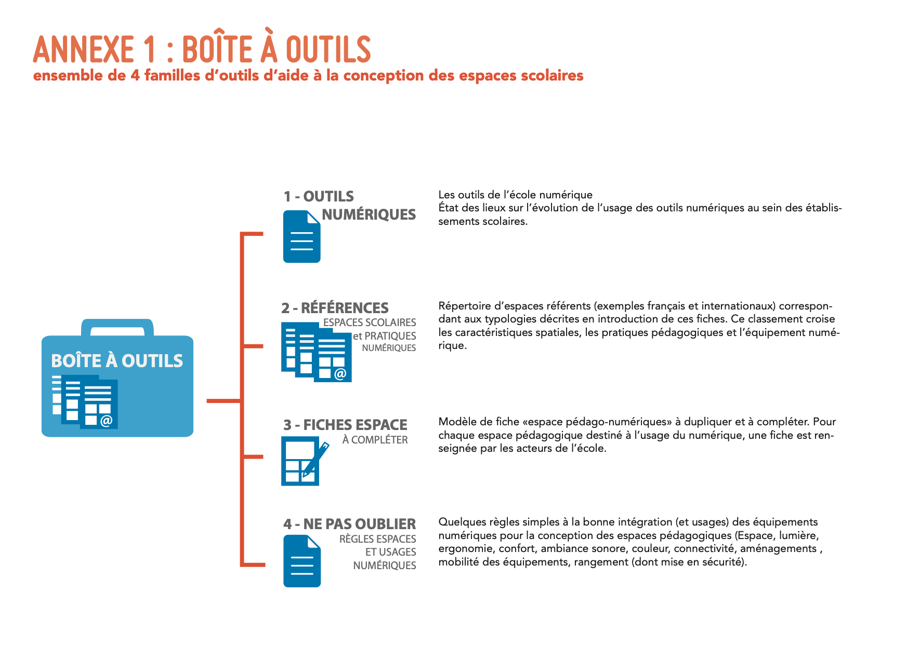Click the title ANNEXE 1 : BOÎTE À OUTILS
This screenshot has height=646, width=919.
click(202, 50)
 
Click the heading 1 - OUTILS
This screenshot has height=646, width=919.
click(319, 196)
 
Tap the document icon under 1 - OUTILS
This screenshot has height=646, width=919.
click(301, 237)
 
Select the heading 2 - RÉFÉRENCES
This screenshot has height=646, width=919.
click(335, 308)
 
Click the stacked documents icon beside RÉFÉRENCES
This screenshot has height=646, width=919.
click(316, 352)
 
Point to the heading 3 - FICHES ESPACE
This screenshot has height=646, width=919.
click(345, 425)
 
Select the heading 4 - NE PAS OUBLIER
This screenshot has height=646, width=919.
click(349, 524)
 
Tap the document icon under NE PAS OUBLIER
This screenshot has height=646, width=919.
click(302, 561)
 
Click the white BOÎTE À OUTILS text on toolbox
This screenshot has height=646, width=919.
click(117, 361)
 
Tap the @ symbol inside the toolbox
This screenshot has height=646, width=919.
click(106, 420)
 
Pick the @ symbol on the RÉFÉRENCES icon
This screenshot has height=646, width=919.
click(340, 373)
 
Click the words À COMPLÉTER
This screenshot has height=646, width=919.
click(375, 440)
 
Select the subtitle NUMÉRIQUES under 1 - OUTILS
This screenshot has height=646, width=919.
click(369, 214)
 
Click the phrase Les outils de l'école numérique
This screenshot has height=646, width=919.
click(515, 195)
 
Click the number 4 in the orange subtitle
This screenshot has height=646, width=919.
click(135, 76)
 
